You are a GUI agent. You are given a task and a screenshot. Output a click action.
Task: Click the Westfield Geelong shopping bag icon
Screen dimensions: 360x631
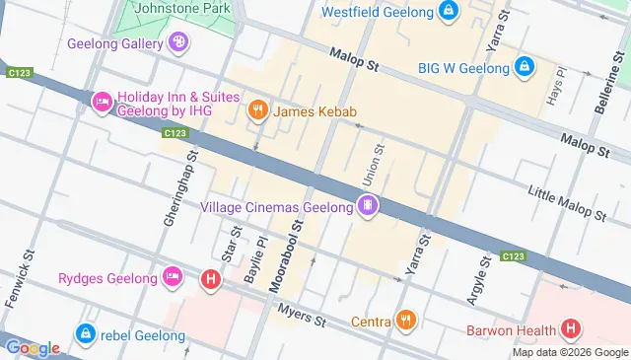coord(449,13)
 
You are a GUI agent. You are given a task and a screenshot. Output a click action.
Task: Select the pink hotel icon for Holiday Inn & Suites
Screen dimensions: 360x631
coord(102,102)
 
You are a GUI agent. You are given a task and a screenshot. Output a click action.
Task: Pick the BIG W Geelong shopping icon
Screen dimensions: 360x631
coord(525,67)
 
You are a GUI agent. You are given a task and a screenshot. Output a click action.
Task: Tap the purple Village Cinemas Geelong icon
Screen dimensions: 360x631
coord(368,206)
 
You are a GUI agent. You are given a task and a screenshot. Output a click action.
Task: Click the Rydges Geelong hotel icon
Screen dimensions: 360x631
coord(173,277)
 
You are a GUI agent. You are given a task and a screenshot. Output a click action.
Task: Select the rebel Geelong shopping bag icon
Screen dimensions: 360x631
coord(85,333)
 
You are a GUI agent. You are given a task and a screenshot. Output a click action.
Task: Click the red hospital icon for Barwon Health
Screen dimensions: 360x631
coord(570,328)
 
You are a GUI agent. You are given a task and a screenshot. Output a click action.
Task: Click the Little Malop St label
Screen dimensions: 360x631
coord(566,201)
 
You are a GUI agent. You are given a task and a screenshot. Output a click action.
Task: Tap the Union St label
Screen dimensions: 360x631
coord(378,160)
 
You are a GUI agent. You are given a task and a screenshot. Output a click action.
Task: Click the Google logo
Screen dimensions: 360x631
coord(32,347)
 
